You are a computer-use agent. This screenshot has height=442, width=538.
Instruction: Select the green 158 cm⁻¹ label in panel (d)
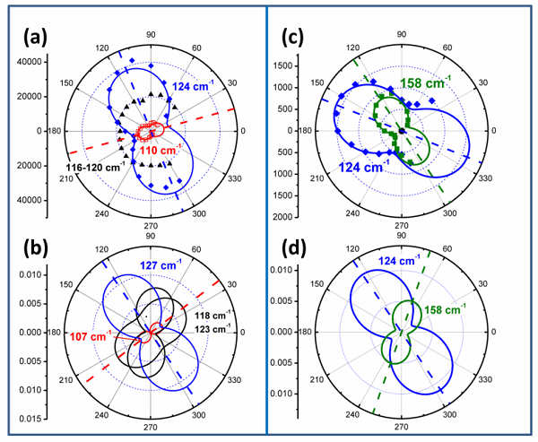[445, 314]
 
